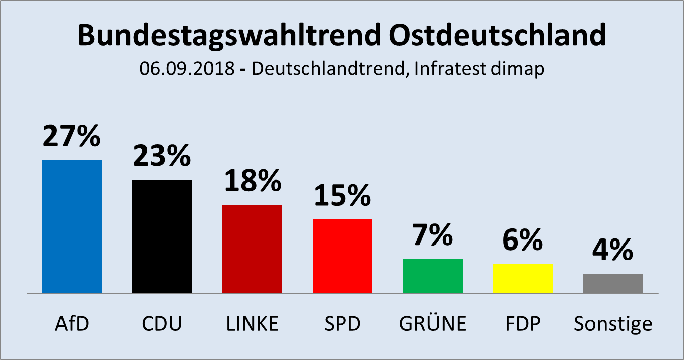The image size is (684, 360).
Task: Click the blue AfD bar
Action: point(72,226)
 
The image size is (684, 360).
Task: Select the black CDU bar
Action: point(162,236)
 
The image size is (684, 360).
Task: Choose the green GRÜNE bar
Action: point(432,276)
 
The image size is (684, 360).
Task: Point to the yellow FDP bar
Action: point(523,278)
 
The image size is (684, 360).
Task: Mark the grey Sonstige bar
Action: point(613,283)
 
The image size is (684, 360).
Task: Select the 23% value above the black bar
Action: point(162,156)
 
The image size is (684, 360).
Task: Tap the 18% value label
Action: point(252,181)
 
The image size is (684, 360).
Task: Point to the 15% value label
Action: point(342,196)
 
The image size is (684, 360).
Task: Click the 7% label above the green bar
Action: point(432,235)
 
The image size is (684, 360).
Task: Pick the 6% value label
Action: point(523,241)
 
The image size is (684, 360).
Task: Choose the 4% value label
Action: point(613,250)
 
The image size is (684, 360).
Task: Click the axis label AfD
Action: point(72,324)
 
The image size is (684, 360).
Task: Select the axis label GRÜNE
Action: point(432,324)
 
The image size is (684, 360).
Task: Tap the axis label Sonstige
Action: point(613,324)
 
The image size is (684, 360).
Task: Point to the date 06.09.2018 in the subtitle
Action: point(187,69)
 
